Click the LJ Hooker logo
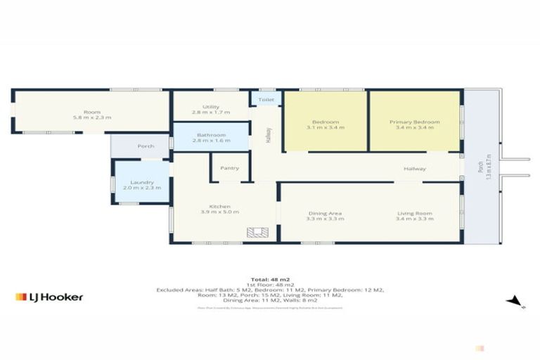coord(49,297)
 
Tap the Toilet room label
coord(266,101)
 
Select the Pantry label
coord(229,168)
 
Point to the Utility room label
coord(210,107)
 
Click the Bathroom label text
coord(210,135)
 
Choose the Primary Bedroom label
coord(415,122)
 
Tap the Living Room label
coord(415,214)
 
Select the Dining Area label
coord(324,214)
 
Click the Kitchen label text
coord(219,206)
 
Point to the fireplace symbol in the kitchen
coord(254,233)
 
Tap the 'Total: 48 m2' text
coord(269,280)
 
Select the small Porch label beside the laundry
coord(146,146)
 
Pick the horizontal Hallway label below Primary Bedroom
coord(415,169)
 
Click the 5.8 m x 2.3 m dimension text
coord(92,117)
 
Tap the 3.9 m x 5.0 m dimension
coord(219,212)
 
